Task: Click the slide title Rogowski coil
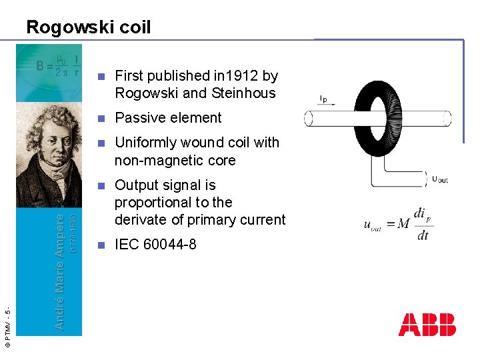pos(88,27)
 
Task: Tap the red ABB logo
pos(427,324)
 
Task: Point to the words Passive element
pos(168,118)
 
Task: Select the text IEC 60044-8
pos(155,245)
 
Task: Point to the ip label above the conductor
pos(323,99)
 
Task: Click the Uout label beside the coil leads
pos(440,178)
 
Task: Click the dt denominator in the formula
pos(423,235)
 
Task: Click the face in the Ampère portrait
pos(47,139)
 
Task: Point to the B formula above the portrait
pos(58,65)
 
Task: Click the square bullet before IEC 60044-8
pos(101,245)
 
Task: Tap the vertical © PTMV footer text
pos(7,327)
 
